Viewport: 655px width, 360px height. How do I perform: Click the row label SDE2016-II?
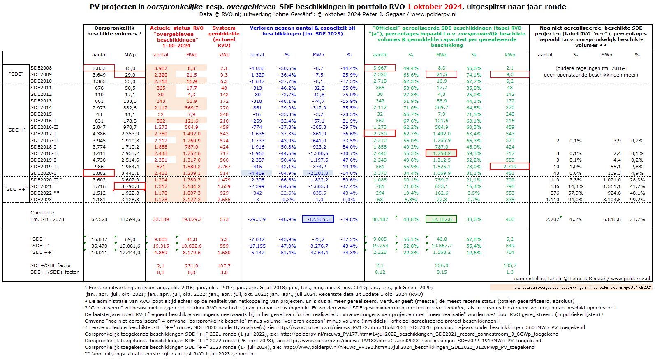(44, 127)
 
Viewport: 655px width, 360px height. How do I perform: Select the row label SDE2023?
(41, 200)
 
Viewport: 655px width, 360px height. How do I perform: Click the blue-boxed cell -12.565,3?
(318, 219)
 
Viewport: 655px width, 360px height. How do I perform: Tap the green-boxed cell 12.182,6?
(441, 219)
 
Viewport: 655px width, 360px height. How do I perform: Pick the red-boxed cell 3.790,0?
(130, 186)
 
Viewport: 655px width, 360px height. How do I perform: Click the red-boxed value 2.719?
(510, 167)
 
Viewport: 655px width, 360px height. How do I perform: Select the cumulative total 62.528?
(99, 219)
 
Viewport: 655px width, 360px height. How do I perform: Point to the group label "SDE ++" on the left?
(16, 189)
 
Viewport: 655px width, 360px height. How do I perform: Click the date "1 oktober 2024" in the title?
(435, 7)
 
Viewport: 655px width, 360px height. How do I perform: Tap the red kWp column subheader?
(224, 55)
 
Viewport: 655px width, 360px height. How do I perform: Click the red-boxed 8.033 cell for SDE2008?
(99, 68)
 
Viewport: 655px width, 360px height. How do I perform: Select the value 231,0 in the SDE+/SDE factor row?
(192, 266)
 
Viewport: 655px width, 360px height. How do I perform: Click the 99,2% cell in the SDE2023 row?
(637, 200)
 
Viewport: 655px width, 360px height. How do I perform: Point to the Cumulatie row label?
(42, 213)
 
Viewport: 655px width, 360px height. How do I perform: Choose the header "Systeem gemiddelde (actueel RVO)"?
(224, 37)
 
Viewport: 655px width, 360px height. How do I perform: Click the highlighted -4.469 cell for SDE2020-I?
(257, 173)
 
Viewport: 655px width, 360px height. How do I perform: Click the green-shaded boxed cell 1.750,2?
(441, 153)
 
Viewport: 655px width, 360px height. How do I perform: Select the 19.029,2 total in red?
(192, 219)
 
